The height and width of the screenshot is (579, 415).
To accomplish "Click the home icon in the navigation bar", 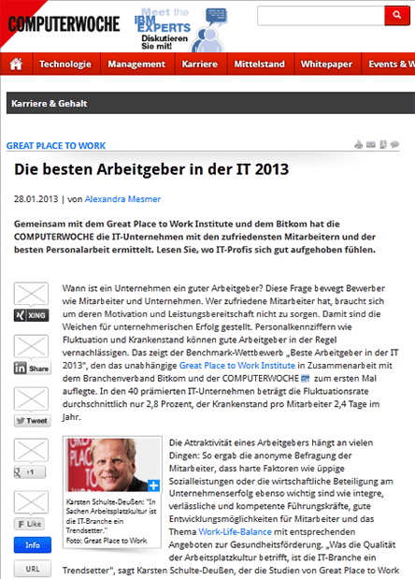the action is [x=15, y=65].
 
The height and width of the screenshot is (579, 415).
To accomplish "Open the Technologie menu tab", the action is [x=64, y=65].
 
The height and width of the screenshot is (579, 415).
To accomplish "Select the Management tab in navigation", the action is [x=136, y=65].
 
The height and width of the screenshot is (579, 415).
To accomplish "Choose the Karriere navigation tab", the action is [x=201, y=65].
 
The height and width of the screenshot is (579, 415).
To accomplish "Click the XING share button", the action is [x=31, y=317].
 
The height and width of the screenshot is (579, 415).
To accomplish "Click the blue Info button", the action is [x=32, y=545].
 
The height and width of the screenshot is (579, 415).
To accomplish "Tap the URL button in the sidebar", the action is [x=32, y=568].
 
